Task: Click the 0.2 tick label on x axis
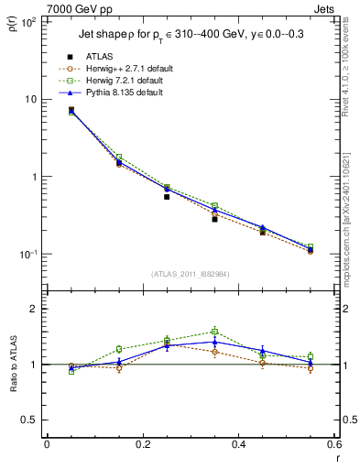point(142,444)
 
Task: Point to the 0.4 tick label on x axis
point(238,444)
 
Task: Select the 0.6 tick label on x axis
point(333,444)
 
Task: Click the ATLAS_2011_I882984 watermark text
point(191,274)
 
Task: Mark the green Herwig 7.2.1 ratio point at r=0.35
point(214,332)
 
